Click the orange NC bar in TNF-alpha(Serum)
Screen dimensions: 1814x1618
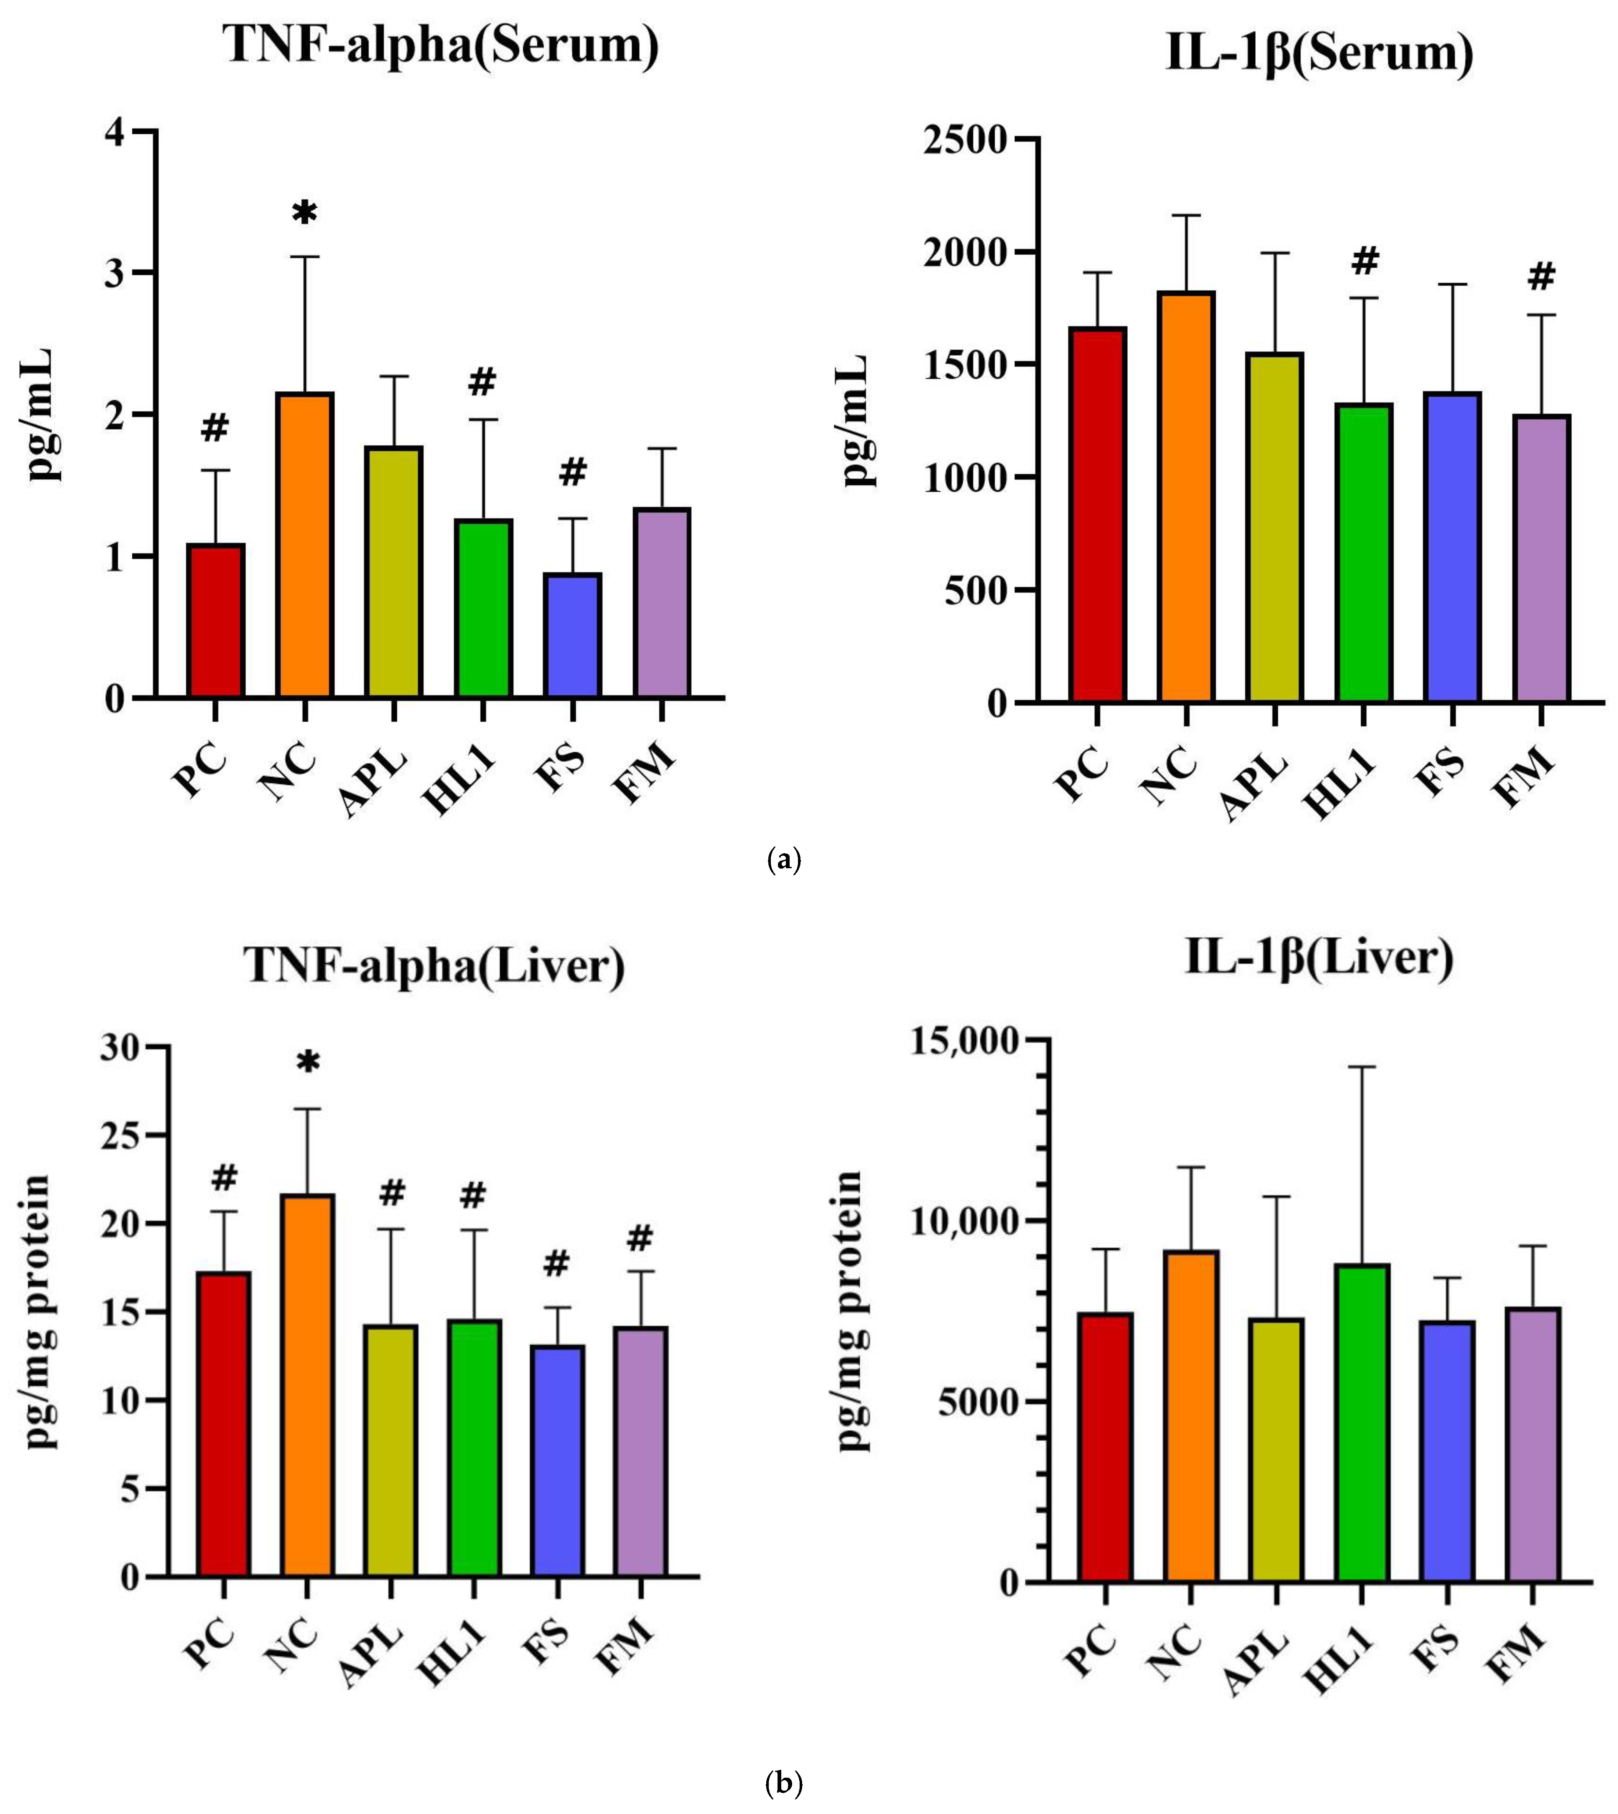[x=305, y=544]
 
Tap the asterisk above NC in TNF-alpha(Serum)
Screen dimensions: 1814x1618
[x=305, y=214]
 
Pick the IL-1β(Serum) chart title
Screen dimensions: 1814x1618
[x=1319, y=53]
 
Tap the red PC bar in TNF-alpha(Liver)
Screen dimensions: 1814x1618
[x=224, y=1423]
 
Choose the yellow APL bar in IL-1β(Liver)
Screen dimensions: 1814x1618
[x=1276, y=1450]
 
